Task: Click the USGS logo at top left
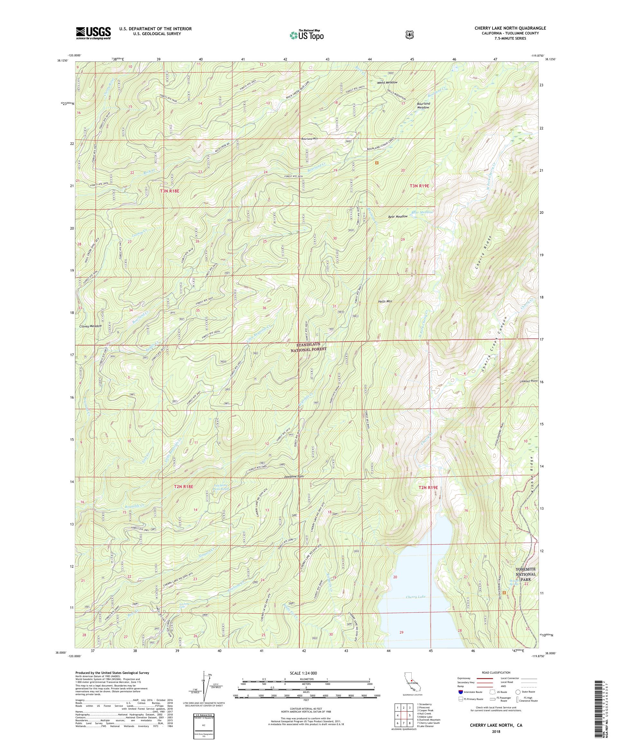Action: [93, 33]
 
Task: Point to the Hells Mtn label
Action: [385, 301]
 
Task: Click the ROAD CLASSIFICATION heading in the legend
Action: [496, 673]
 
